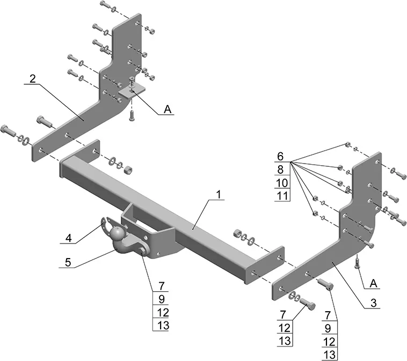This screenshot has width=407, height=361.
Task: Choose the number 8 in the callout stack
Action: coord(279,170)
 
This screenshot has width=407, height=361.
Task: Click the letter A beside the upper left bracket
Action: coord(168,109)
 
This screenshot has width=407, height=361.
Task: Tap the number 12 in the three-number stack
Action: coord(285,327)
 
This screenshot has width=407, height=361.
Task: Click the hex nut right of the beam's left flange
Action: coord(129,171)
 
